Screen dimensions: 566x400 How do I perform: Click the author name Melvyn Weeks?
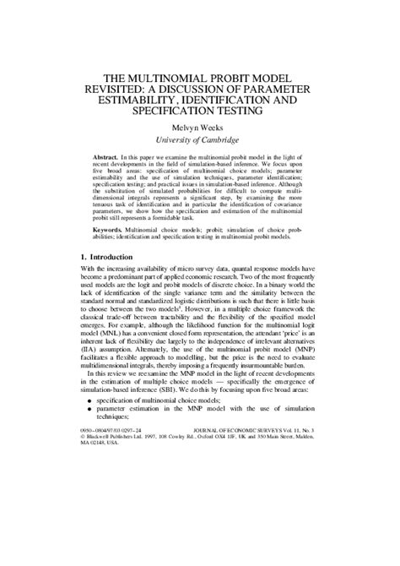200,128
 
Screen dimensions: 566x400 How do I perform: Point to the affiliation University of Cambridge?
200,140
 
